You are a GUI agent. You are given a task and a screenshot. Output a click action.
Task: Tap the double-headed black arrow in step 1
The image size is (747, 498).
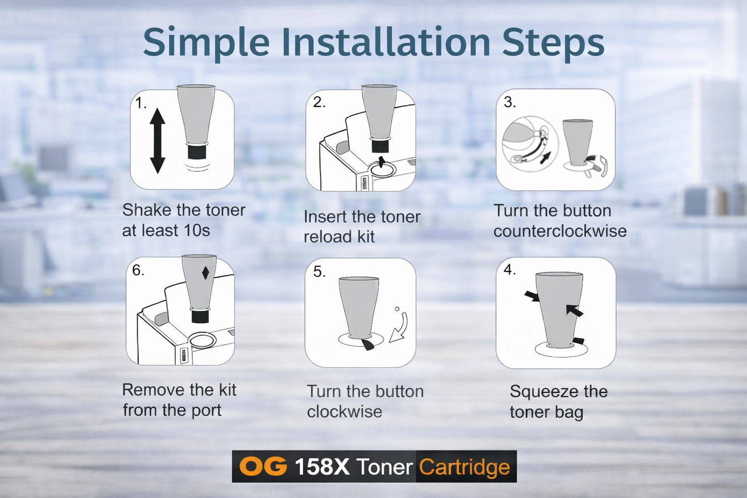157,141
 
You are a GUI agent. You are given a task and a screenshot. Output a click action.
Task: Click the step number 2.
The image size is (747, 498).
319,102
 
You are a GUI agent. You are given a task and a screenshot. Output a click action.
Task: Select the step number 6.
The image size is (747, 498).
138,270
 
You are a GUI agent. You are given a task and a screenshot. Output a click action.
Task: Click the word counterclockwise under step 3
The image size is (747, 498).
559,231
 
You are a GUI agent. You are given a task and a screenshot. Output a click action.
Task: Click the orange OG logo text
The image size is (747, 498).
263,466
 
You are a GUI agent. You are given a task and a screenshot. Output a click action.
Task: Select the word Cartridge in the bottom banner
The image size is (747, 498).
464,467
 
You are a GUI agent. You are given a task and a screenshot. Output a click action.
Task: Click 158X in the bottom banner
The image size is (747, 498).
322,467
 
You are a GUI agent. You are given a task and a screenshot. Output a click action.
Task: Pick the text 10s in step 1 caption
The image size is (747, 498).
196,230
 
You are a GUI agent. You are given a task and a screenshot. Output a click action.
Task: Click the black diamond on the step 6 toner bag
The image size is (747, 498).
205,273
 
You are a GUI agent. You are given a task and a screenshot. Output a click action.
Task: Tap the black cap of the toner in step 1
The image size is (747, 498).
196,152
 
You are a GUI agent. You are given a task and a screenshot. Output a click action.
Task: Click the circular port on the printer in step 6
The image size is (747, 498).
202,340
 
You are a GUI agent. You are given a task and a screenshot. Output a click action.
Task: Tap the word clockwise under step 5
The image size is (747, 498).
344,412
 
